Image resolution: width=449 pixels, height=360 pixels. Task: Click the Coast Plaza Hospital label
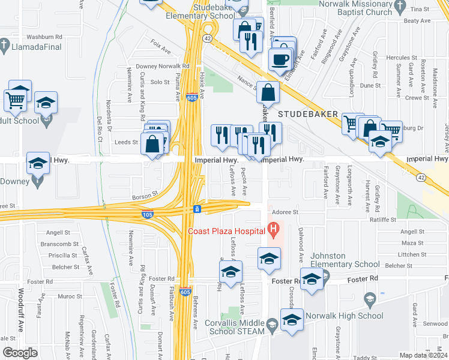tap(226, 232)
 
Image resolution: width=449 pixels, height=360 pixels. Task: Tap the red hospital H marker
tap(274, 229)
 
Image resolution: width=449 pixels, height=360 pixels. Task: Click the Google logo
tap(20, 353)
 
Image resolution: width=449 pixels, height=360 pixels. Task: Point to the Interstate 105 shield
tap(146, 214)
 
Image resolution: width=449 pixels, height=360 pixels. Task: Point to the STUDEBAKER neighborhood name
tap(306, 113)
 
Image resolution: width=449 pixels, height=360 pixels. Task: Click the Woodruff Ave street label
tap(20, 310)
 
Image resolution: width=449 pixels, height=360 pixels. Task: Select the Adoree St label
tap(285, 212)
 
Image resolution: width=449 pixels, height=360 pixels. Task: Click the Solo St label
tap(160, 82)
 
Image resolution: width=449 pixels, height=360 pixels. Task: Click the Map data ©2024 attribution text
tap(423, 355)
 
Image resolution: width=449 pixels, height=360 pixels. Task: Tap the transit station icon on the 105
tap(197, 209)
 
